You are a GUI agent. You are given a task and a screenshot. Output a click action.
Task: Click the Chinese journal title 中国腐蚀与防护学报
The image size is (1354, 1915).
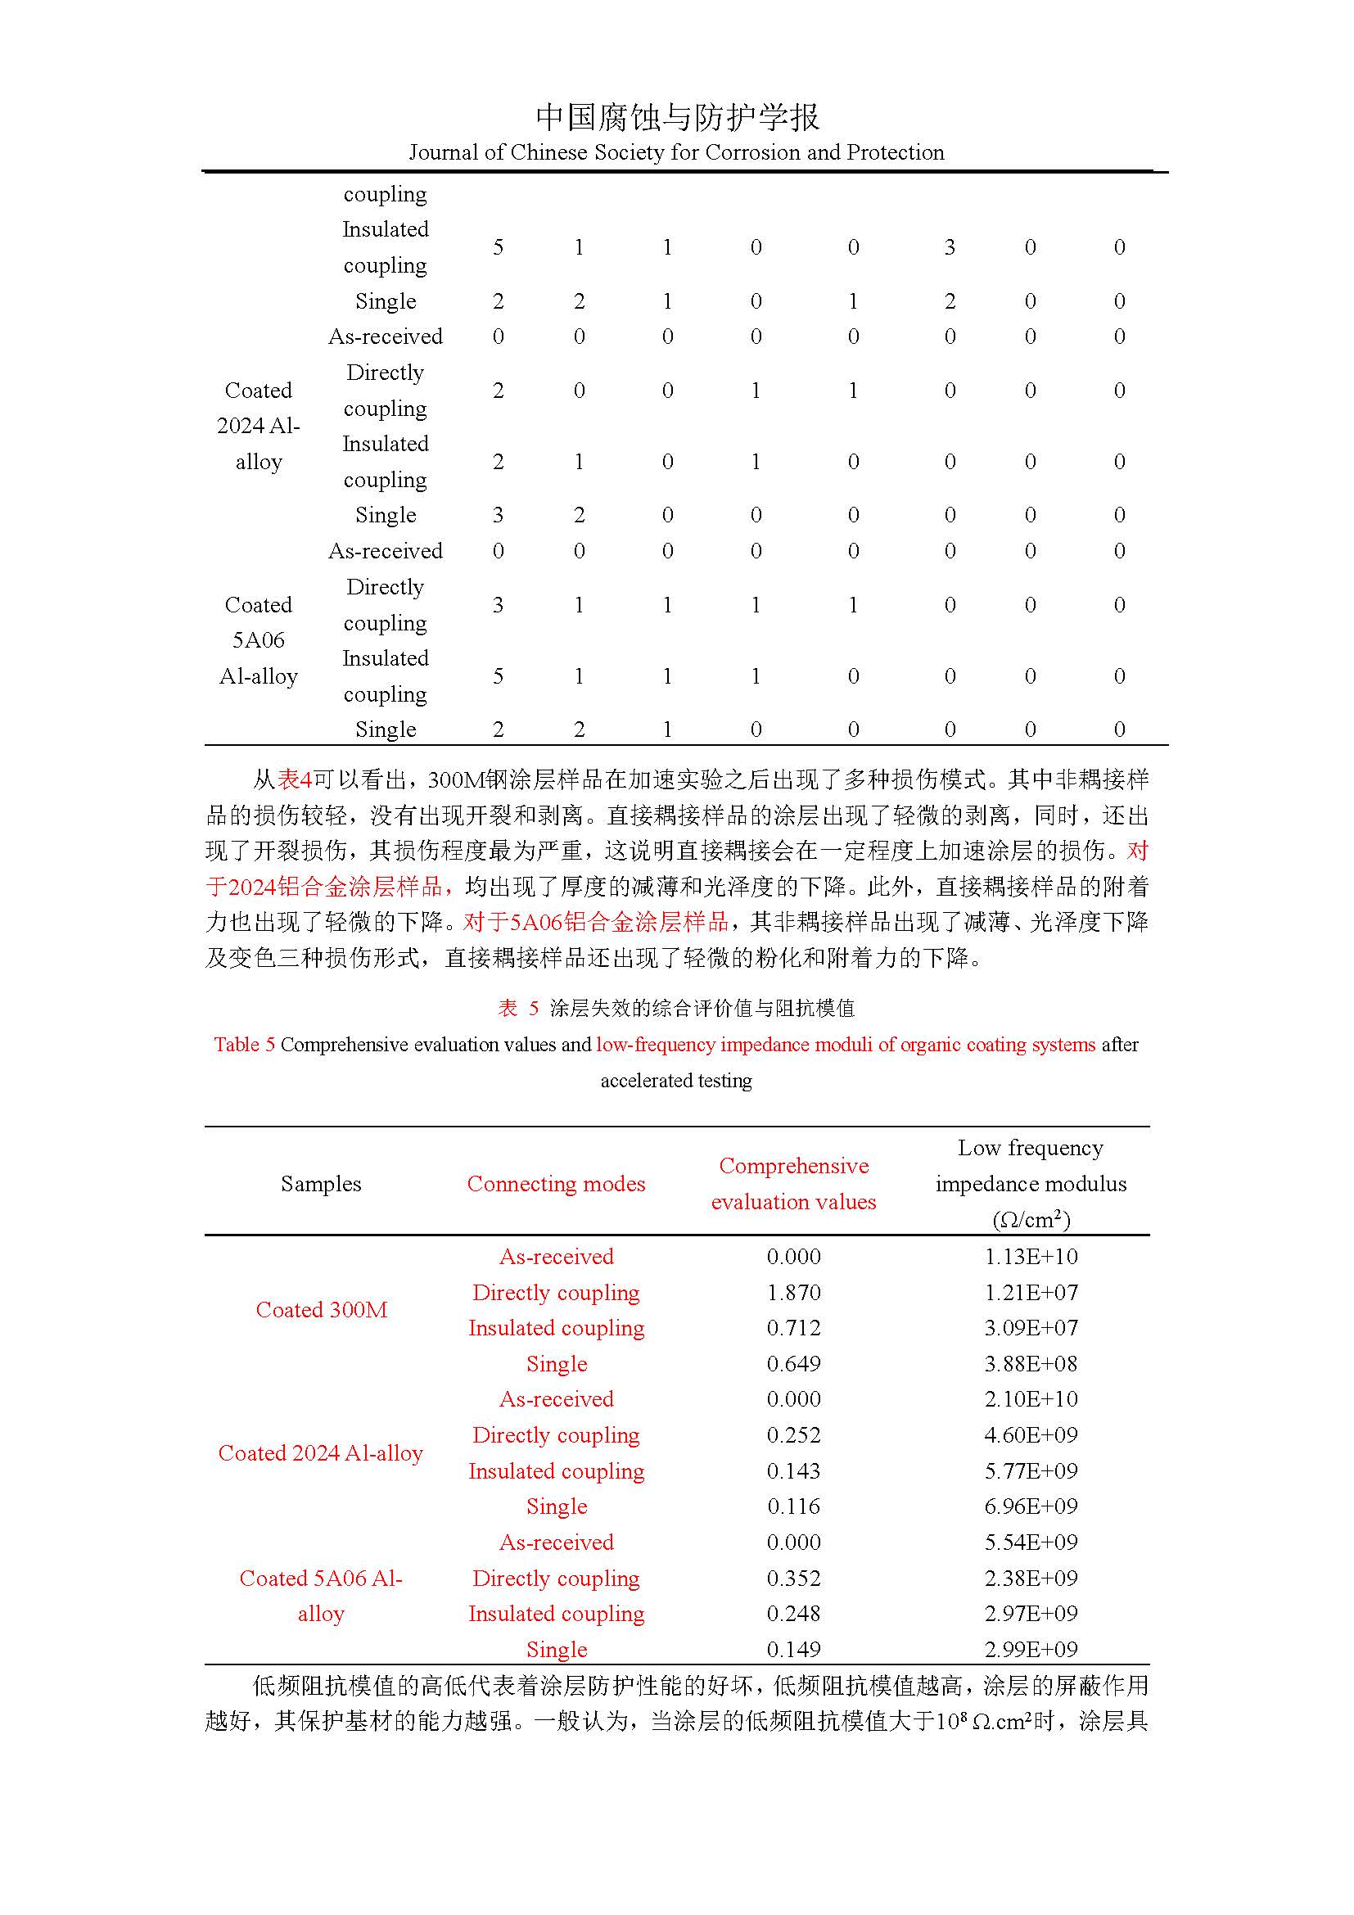(x=677, y=117)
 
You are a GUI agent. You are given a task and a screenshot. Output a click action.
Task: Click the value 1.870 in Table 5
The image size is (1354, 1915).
(x=793, y=1292)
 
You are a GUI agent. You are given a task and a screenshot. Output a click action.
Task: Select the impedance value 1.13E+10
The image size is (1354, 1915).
(x=1031, y=1256)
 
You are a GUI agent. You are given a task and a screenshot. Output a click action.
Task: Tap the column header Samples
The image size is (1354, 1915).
(x=321, y=1184)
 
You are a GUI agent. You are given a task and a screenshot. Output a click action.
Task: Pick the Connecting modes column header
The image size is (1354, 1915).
(x=556, y=1184)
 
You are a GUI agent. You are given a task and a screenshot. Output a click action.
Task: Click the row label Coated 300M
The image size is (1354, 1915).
(x=321, y=1309)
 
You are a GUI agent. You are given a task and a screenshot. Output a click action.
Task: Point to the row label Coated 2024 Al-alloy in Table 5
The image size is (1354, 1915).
(x=321, y=1453)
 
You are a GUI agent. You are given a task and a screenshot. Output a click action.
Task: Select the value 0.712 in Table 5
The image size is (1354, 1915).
(x=793, y=1328)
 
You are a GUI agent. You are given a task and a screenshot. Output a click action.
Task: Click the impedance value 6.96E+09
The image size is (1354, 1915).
(x=1031, y=1506)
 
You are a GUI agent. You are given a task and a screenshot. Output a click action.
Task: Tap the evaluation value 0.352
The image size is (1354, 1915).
(x=793, y=1578)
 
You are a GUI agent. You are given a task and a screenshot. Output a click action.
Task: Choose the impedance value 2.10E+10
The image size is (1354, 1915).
(x=1031, y=1398)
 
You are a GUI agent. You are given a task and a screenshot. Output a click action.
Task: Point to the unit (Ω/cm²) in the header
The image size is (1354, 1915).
(x=1031, y=1219)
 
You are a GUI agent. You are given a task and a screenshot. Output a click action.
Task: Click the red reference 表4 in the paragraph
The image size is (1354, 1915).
(x=294, y=780)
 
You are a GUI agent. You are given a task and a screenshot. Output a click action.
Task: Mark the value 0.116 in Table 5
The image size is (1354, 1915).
(x=793, y=1506)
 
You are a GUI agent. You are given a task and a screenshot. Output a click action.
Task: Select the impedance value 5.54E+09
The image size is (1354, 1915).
(x=1031, y=1542)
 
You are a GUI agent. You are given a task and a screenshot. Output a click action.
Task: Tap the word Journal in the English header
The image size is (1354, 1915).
(x=443, y=152)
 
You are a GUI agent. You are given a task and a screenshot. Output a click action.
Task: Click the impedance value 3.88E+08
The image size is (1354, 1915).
(x=1031, y=1364)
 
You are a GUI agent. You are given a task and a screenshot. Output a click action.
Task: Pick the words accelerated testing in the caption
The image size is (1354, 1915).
(x=676, y=1081)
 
